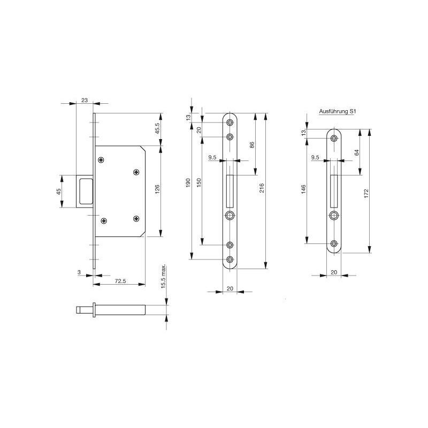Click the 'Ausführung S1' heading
pos(338,111)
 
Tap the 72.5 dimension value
pos(120,281)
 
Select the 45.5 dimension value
pos(157,128)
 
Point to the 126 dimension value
pos(157,189)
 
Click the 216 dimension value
pos(262,188)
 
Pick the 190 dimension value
pos(188,183)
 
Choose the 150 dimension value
pos(199,182)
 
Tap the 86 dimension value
pos(252,145)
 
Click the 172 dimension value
pos(366,194)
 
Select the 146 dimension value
pos(303,189)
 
